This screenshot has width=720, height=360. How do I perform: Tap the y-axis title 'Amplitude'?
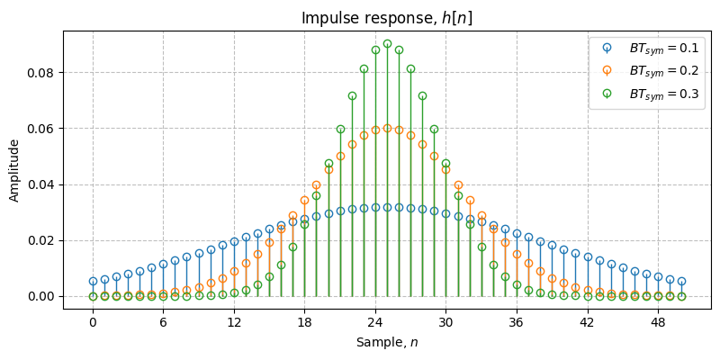(14, 169)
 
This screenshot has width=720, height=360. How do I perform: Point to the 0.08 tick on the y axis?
(41, 72)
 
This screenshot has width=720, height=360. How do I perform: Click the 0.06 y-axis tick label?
(41, 128)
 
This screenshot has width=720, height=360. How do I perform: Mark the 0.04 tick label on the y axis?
(41, 184)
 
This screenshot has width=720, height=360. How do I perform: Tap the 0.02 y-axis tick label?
(41, 240)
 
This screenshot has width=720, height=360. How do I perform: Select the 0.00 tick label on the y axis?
(41, 296)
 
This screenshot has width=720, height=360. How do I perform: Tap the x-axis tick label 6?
(163, 321)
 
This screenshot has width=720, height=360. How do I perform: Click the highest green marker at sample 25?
(387, 43)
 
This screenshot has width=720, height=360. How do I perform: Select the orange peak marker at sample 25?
(387, 128)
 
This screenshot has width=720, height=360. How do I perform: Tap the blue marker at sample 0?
(93, 282)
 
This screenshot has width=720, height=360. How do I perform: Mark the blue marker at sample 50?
(681, 282)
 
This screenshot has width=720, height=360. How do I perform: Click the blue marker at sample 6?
(163, 265)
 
